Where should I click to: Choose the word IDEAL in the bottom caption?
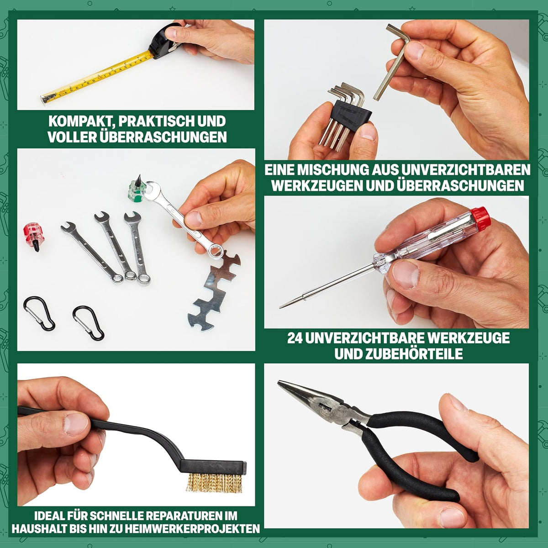pos(49,516)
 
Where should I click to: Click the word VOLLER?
pos(71,137)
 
